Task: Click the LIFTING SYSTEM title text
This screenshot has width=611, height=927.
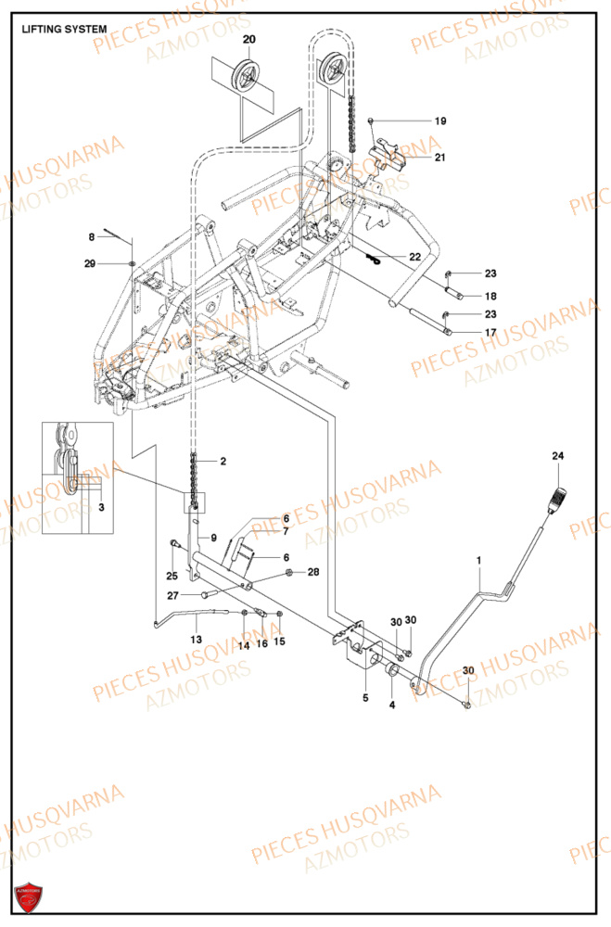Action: tap(64, 30)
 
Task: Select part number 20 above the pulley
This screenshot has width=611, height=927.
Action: tap(248, 39)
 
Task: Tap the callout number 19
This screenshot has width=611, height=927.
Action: tap(440, 121)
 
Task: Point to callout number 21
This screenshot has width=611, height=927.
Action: tap(440, 158)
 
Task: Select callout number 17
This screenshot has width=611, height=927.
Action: tap(490, 333)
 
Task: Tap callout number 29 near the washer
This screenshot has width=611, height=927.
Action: tap(90, 265)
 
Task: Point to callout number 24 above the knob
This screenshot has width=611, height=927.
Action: tap(557, 456)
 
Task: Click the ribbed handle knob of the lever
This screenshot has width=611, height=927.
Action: tap(557, 500)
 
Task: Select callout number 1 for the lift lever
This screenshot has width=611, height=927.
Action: tap(479, 561)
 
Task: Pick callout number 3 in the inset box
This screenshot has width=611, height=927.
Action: tap(101, 507)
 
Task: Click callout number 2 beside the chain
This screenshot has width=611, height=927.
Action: tap(223, 461)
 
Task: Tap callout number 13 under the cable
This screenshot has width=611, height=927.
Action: tap(196, 641)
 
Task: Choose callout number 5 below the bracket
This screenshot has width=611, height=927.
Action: tap(365, 697)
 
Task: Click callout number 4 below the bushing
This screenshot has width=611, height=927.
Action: tap(391, 706)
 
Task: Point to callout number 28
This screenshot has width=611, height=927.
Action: tap(313, 572)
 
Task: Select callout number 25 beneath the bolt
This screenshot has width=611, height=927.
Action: tap(172, 576)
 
